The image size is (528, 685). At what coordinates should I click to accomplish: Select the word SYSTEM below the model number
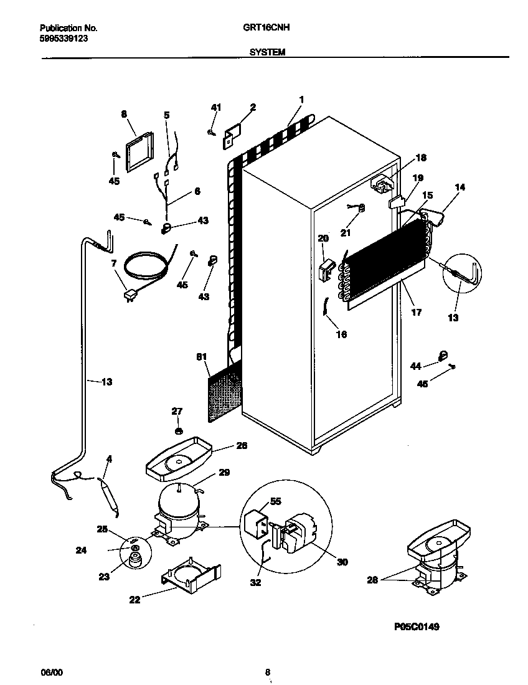coord(267,53)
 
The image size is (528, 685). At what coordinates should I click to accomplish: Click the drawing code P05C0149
coord(417,627)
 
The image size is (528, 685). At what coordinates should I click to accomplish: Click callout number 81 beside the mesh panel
coord(201,357)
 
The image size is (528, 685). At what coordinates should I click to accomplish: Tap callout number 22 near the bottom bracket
coord(134,600)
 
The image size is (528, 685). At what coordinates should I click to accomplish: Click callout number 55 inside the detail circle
coord(274,501)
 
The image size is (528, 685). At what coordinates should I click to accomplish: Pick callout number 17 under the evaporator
coord(417,313)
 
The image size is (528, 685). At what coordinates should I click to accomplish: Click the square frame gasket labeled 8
coord(139,151)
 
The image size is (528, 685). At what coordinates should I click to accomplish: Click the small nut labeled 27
coord(178,430)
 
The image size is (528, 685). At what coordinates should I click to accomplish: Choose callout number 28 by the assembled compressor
coord(372,580)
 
